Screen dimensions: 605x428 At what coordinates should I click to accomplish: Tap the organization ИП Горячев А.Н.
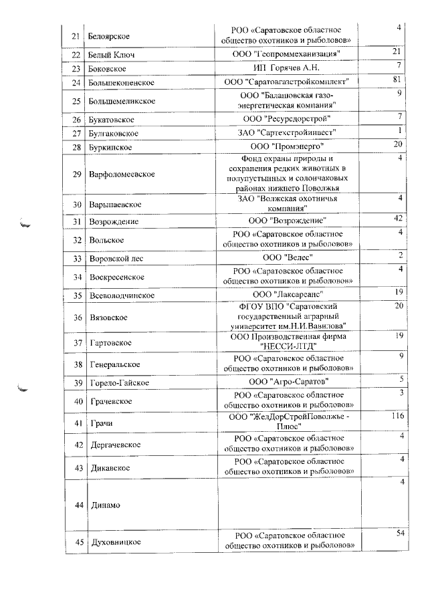point(288,68)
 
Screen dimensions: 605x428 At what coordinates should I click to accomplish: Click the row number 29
point(77,174)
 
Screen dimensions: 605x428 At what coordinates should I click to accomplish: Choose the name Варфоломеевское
point(122,174)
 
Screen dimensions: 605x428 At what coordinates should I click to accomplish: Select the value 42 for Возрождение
point(397,219)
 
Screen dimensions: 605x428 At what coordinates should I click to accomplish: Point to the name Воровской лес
point(116,258)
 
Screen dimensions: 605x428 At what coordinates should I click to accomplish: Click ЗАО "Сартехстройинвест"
point(288,132)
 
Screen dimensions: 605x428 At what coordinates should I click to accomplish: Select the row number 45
point(77,541)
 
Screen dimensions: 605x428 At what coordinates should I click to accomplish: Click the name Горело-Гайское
point(119,383)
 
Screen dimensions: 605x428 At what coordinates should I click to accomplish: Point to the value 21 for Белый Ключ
point(397,51)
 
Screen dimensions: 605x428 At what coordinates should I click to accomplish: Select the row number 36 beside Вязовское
point(77,318)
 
